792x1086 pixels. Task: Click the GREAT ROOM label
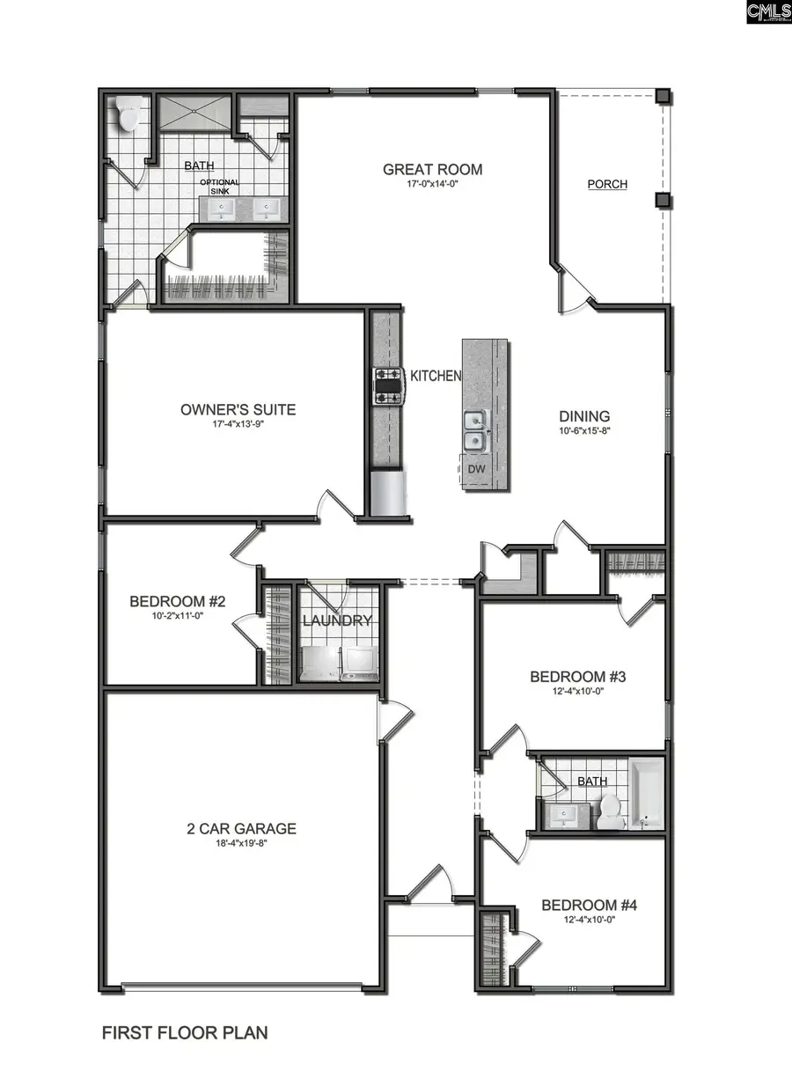point(432,169)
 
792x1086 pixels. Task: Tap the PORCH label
point(607,184)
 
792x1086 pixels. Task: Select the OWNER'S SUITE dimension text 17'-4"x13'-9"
point(238,425)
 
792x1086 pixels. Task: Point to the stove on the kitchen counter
point(388,385)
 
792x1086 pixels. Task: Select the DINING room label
point(584,416)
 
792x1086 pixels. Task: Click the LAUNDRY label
point(337,620)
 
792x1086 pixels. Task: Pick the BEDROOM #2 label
point(178,602)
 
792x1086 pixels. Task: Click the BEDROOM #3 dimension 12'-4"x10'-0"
point(577,692)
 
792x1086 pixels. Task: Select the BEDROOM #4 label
point(589,905)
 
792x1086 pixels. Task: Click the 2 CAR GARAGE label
point(241,828)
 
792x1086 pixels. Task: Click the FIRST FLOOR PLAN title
point(185,1032)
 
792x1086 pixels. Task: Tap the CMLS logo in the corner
point(768,12)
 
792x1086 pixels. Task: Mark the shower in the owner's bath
point(192,114)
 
